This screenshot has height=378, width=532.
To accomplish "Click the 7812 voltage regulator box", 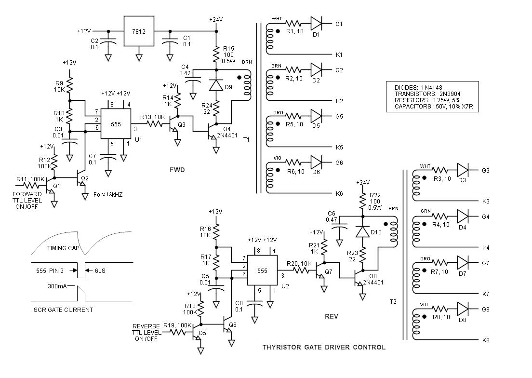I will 139,31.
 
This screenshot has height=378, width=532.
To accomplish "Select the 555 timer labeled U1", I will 116,124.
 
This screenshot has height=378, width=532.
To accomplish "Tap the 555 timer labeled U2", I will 262,271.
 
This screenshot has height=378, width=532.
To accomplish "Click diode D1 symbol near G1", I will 317,23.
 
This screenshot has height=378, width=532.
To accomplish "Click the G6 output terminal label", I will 339,163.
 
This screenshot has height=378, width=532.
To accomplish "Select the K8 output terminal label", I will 486,340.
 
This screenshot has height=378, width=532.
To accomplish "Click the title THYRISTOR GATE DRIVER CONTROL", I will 324,347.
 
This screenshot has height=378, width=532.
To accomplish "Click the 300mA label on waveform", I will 58,285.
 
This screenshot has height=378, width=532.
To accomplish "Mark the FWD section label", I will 178,170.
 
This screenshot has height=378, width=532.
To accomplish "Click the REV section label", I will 332,317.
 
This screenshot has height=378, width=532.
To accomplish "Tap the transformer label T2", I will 393,302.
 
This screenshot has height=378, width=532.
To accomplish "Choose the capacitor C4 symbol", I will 195,80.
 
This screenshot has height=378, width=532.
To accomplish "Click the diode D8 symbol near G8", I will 463,309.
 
